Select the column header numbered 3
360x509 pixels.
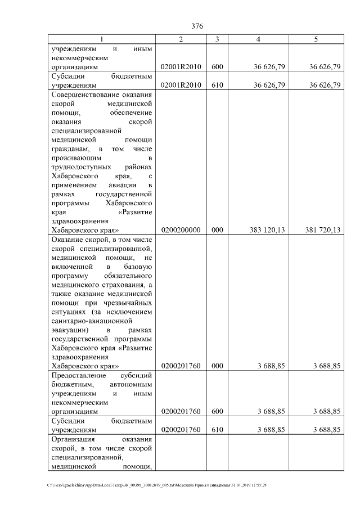[217, 39]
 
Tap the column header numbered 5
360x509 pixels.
[316, 39]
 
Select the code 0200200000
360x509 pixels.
[181, 229]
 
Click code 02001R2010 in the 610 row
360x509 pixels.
[181, 85]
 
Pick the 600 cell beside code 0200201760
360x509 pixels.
[217, 411]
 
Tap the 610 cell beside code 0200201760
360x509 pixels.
[217, 429]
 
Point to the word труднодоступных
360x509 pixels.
[80, 166]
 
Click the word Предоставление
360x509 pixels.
[78, 375]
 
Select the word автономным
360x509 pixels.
[130, 384]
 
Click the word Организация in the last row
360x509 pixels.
[73, 439]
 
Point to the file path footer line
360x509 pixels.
[157, 484]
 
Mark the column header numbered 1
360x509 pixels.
[102, 39]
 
